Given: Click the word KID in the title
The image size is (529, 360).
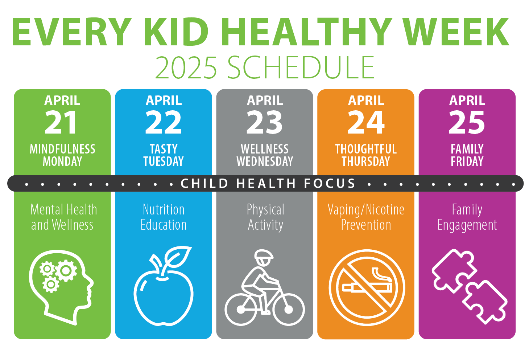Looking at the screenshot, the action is point(176,32).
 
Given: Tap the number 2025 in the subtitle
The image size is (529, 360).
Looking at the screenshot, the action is point(186,67).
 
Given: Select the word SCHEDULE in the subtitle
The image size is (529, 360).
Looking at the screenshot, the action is point(301,67).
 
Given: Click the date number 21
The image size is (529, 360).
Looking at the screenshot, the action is point(61,122).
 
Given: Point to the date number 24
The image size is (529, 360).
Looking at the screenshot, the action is point(366,122).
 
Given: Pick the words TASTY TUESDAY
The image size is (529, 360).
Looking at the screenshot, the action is point(164,155).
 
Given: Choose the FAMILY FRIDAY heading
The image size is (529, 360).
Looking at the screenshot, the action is point(467,155).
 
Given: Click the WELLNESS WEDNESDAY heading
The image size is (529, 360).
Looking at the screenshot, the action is point(265,155).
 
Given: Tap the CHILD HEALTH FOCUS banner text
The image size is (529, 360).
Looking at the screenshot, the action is point(268,183).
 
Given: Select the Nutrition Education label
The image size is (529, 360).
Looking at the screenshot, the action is point(164,217).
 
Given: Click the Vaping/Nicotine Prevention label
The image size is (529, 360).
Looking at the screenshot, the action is point(366,217).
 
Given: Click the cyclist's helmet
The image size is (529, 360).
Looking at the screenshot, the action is point(264,254).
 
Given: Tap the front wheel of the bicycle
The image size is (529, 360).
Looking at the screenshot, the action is point(289,309).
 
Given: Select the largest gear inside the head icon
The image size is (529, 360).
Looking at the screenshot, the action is point(66,271).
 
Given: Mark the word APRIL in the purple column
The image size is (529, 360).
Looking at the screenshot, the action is point(467,100).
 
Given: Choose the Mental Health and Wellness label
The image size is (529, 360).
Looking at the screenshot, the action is point(63,217).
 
